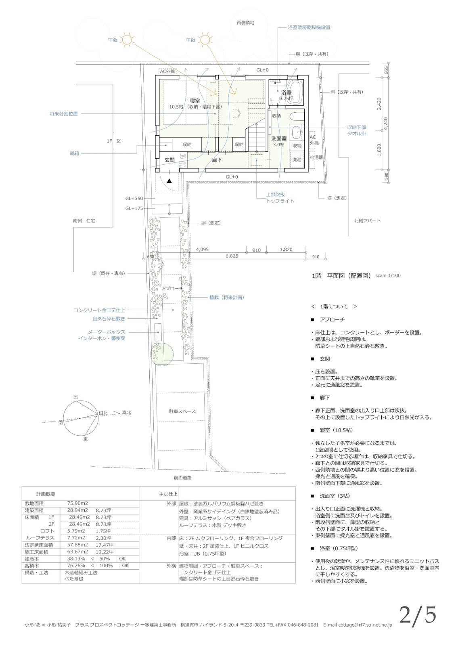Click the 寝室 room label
(195, 100)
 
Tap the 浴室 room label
(286, 92)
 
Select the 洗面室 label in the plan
(278, 138)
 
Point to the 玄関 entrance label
(169, 160)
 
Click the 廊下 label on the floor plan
(217, 160)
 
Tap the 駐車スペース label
(182, 411)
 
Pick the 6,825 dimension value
(232, 256)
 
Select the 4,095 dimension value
(202, 250)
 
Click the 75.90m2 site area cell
(77, 503)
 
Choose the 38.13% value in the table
(76, 559)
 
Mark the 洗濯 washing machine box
(297, 159)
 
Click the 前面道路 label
(182, 477)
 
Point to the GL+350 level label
(134, 199)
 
